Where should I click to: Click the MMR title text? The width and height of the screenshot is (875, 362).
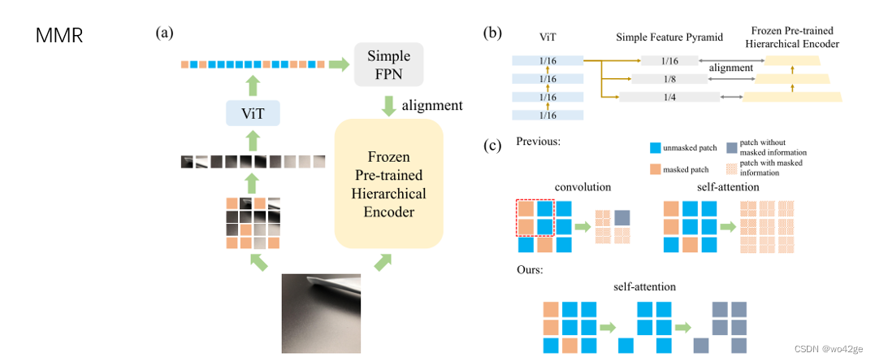click(x=60, y=37)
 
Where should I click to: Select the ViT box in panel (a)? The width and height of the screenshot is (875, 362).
click(x=253, y=112)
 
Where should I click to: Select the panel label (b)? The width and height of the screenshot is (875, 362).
click(x=492, y=33)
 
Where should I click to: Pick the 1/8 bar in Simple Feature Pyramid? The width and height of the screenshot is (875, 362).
click(x=669, y=79)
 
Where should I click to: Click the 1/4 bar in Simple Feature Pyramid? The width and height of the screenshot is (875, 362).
click(x=669, y=97)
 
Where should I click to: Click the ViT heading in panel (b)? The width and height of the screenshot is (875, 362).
click(x=548, y=37)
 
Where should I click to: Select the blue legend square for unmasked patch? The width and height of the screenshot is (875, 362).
click(x=656, y=149)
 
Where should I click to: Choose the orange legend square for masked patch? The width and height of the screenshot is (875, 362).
click(x=656, y=170)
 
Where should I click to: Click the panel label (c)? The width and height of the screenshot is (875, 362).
click(x=492, y=146)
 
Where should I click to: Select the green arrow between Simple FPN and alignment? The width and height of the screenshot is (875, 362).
click(x=388, y=104)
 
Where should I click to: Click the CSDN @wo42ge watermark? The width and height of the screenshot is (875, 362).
click(x=827, y=348)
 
